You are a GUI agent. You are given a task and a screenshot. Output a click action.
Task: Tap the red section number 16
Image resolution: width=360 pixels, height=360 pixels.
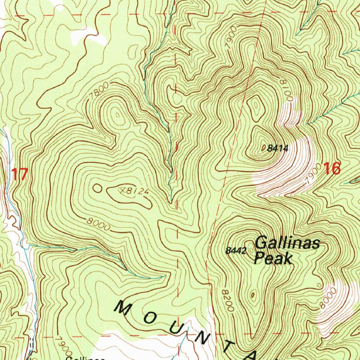(x=332, y=169)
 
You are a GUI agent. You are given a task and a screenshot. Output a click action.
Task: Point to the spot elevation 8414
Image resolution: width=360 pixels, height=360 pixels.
(x=277, y=149)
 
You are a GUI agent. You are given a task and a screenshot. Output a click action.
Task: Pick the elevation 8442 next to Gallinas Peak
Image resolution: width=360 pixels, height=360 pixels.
(x=235, y=251)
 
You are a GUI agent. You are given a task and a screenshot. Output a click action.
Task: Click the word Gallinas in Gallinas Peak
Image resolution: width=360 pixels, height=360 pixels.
(x=287, y=243)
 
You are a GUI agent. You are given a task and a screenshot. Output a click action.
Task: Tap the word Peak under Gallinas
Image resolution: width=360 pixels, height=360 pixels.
(x=273, y=259)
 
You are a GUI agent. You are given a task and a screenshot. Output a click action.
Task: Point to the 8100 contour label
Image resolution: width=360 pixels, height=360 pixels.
(x=285, y=90)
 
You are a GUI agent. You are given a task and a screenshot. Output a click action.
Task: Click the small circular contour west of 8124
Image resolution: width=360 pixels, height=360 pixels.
(x=97, y=189)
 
